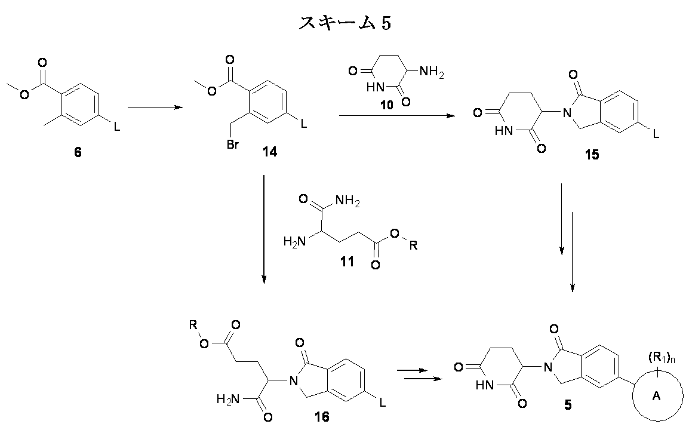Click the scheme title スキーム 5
(x=344, y=23)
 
